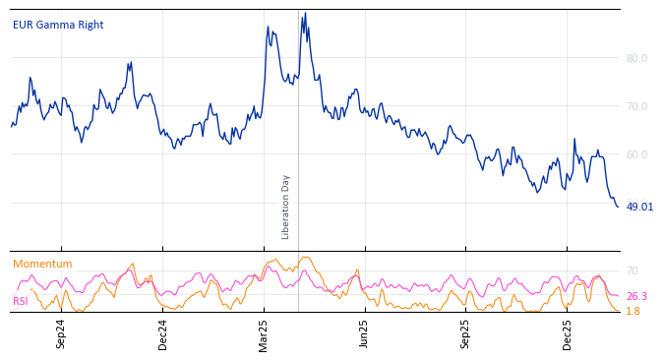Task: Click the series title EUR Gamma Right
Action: (58, 25)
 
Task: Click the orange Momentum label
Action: (42, 264)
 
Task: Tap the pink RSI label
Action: (21, 301)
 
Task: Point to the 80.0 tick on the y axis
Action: (636, 58)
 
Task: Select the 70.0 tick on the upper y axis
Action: (636, 106)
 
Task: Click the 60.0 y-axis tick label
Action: (636, 154)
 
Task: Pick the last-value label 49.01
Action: (639, 207)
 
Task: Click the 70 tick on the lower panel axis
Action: (633, 270)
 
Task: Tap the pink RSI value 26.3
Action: (636, 296)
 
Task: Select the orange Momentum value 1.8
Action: (633, 311)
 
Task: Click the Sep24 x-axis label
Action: (61, 333)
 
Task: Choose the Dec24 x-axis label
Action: (163, 333)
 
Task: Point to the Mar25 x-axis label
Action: (264, 333)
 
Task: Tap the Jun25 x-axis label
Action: (365, 333)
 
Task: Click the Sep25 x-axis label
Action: (466, 333)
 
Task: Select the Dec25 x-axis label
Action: (568, 333)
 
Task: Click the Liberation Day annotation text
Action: (286, 207)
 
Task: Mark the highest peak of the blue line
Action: (305, 13)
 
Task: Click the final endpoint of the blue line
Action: (618, 207)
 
